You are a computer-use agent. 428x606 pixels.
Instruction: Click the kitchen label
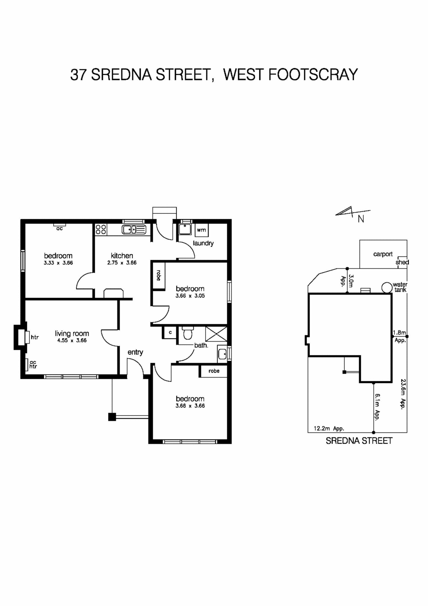(x=122, y=256)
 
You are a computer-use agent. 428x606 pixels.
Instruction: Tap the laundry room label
(x=203, y=243)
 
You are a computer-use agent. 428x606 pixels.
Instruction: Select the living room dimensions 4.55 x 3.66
(x=72, y=340)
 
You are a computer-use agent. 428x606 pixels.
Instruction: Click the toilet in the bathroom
(x=187, y=333)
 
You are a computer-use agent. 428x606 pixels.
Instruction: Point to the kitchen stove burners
(x=101, y=229)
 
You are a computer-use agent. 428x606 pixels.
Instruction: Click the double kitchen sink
(x=134, y=229)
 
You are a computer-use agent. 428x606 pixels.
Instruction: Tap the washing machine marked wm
(x=201, y=230)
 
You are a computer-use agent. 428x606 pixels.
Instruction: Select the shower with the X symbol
(x=217, y=335)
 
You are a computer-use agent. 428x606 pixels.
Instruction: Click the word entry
(x=135, y=352)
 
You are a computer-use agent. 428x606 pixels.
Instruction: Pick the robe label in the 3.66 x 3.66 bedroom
(x=214, y=371)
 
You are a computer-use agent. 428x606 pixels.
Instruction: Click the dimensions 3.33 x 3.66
(x=58, y=263)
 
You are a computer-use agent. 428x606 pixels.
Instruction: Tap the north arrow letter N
(x=361, y=219)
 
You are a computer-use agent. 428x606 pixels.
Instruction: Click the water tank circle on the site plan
(x=387, y=287)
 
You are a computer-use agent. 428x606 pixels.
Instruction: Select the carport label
(x=383, y=254)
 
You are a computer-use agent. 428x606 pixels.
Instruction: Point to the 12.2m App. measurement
(x=329, y=428)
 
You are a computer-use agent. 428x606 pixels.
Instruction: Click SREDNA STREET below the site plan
(x=359, y=440)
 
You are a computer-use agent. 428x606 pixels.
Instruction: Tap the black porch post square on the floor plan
(x=112, y=417)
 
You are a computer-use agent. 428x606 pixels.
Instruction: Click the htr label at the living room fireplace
(x=35, y=337)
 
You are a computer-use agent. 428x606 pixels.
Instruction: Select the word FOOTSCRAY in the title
(x=313, y=74)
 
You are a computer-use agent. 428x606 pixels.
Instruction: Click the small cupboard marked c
(x=170, y=332)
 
